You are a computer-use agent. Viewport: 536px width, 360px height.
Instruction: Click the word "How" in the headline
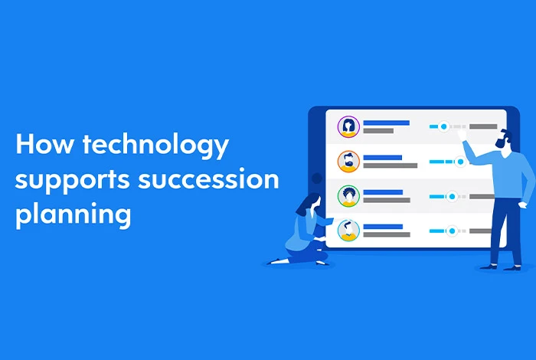pyautogui.click(x=44, y=143)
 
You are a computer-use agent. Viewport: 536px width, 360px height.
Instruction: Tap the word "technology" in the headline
pyautogui.click(x=155, y=146)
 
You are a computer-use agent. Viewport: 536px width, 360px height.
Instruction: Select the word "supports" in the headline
pyautogui.click(x=72, y=180)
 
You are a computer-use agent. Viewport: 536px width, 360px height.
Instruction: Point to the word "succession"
pyautogui.click(x=208, y=178)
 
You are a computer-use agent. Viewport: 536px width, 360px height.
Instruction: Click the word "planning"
pyautogui.click(x=74, y=214)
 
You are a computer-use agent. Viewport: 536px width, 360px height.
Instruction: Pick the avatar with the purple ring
pyautogui.click(x=348, y=126)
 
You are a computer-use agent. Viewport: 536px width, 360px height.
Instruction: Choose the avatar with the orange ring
pyautogui.click(x=348, y=162)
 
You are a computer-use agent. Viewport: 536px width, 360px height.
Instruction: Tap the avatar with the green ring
pyautogui.click(x=348, y=196)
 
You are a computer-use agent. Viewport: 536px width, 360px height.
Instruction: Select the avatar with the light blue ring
pyautogui.click(x=348, y=231)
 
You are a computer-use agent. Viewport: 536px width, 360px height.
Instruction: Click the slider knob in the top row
pyautogui.click(x=443, y=126)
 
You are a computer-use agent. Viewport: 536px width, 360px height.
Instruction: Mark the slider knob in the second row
pyautogui.click(x=460, y=162)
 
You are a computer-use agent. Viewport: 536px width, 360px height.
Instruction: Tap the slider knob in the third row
pyautogui.click(x=452, y=196)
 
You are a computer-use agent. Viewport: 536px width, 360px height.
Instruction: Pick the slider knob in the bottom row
pyautogui.click(x=452, y=231)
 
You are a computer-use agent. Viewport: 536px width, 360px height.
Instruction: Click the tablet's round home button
pyautogui.click(x=317, y=178)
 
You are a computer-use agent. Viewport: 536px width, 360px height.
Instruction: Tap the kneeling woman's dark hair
pyautogui.click(x=306, y=204)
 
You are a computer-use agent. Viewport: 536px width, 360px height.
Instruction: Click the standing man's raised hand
pyautogui.click(x=462, y=135)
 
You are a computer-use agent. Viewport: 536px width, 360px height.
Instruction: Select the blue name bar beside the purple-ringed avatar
pyautogui.click(x=386, y=123)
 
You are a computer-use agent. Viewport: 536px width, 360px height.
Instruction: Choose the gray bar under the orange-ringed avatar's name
pyautogui.click(x=390, y=165)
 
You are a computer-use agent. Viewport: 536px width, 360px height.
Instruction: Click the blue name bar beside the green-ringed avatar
pyautogui.click(x=383, y=192)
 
